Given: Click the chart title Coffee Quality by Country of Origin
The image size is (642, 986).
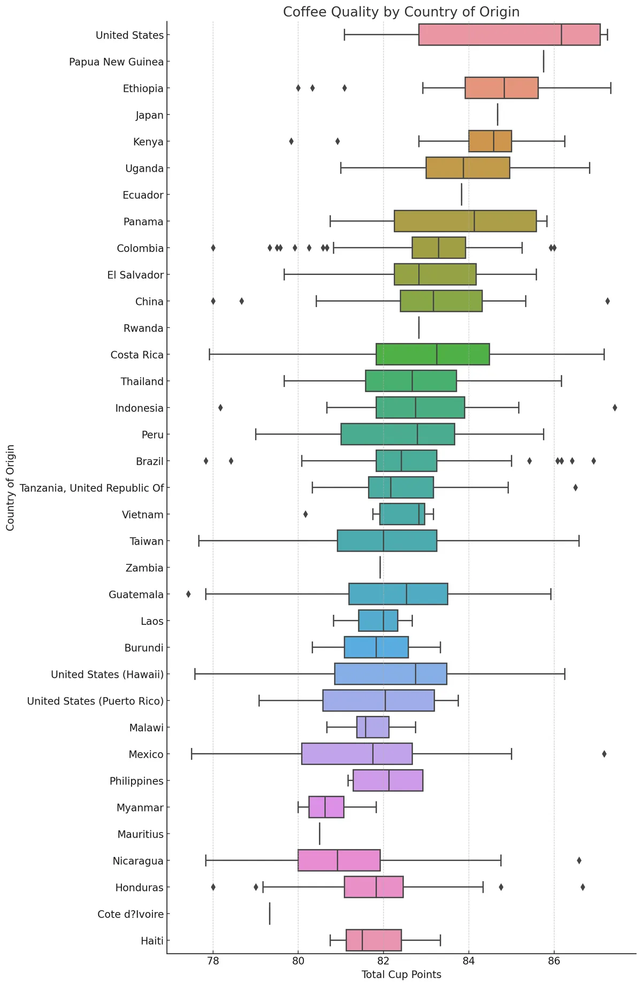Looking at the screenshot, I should [401, 12].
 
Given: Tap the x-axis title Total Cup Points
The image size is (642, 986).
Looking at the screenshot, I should [401, 975].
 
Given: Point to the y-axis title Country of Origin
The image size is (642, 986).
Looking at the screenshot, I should [10, 487].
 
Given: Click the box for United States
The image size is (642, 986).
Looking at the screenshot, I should [509, 35].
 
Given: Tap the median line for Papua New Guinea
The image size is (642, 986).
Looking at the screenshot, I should [544, 62].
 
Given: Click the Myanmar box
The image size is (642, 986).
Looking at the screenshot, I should [326, 807].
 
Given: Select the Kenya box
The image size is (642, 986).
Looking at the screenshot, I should [490, 141].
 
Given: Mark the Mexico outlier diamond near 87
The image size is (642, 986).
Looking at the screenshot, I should [604, 754].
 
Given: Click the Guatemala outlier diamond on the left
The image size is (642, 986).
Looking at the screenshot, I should [188, 594].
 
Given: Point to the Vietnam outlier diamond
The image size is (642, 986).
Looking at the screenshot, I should [305, 514].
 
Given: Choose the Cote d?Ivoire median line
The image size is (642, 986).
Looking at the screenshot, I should [270, 914].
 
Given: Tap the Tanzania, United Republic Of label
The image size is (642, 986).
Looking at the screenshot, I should [91, 487].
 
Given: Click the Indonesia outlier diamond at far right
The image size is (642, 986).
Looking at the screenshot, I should [615, 408].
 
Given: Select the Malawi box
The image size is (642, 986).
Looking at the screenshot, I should [373, 727].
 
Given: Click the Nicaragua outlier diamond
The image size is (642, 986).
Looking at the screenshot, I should [579, 860].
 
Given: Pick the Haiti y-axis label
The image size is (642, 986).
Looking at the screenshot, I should [152, 941].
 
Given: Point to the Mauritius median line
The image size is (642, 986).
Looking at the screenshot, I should [319, 834].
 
